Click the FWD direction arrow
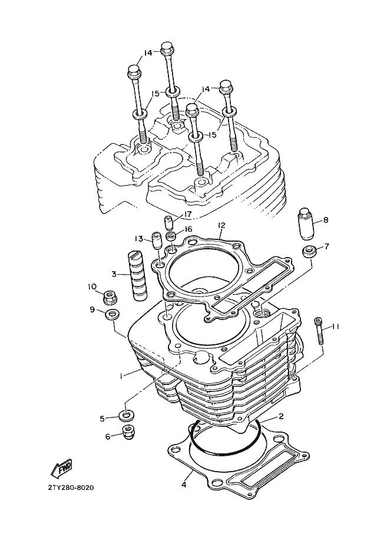coord(62,468)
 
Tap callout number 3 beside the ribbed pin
coord(114,274)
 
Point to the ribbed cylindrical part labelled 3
coord(138,275)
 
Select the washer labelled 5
coord(125,415)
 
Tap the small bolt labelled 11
coord(319,331)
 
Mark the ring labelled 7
coord(308,251)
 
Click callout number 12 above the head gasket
coord(222,225)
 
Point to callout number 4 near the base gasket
coord(184,485)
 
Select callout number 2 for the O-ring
coord(281,416)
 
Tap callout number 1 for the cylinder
coord(121,376)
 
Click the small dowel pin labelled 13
coord(156,240)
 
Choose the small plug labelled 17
coord(169,223)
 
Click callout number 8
coord(326,220)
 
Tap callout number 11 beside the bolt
coord(335,327)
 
